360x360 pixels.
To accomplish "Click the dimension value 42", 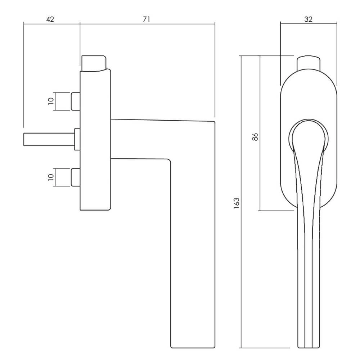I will coord(50,19).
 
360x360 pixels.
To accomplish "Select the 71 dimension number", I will coord(146,19).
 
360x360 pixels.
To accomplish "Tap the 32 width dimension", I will coord(308,19).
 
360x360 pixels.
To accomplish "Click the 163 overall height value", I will coord(236,203).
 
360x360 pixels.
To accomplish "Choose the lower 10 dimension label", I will coord(51,177).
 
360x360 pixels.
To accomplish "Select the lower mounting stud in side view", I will coord(76,177).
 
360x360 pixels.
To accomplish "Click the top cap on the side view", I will coord(94,63).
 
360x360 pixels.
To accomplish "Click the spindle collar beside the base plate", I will coord(77,139).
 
